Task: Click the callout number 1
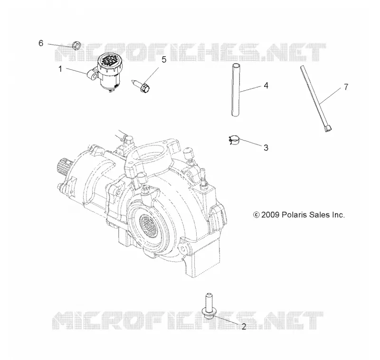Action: pos(60,69)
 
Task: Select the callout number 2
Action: pos(244,327)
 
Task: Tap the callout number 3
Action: pos(266,148)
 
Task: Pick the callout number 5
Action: pos(164,59)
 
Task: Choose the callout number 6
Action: pos(41,43)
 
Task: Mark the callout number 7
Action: pos(346,87)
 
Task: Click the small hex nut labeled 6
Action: pos(76,45)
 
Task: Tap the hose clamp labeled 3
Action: pos(234,140)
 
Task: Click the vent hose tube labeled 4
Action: pos(236,90)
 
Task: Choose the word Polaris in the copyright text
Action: pos(293,215)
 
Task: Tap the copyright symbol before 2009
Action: pos(256,215)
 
